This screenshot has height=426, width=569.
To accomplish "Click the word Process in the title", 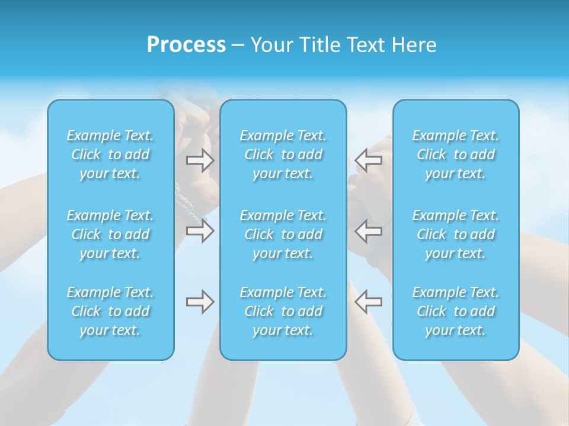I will pos(186,45).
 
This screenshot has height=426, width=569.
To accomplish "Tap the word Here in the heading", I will pos(414,45).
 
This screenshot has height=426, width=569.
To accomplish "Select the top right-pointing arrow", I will pos(200,160).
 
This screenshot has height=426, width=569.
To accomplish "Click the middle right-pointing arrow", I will pos(200,231).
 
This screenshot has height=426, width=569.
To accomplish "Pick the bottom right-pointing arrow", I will pos(200,302).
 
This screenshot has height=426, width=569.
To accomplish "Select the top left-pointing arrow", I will pos(369,160).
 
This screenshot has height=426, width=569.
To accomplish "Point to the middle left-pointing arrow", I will pos(369,231).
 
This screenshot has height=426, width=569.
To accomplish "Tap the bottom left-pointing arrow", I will pos(369,302).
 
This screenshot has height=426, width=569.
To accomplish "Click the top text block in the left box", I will pos(110,154).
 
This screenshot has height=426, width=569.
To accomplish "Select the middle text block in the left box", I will pos(110,234).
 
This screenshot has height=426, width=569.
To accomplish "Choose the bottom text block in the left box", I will pos(110,311).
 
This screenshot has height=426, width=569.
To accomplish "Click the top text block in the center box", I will pos(283,154).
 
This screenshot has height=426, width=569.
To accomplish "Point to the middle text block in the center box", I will pos(283,234).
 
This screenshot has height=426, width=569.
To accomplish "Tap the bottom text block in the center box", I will pos(283,311).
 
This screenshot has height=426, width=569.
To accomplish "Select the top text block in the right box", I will pos(456,154).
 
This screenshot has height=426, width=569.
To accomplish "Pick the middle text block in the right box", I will pos(456,234).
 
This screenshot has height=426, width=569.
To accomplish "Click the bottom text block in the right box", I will pos(456,311).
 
